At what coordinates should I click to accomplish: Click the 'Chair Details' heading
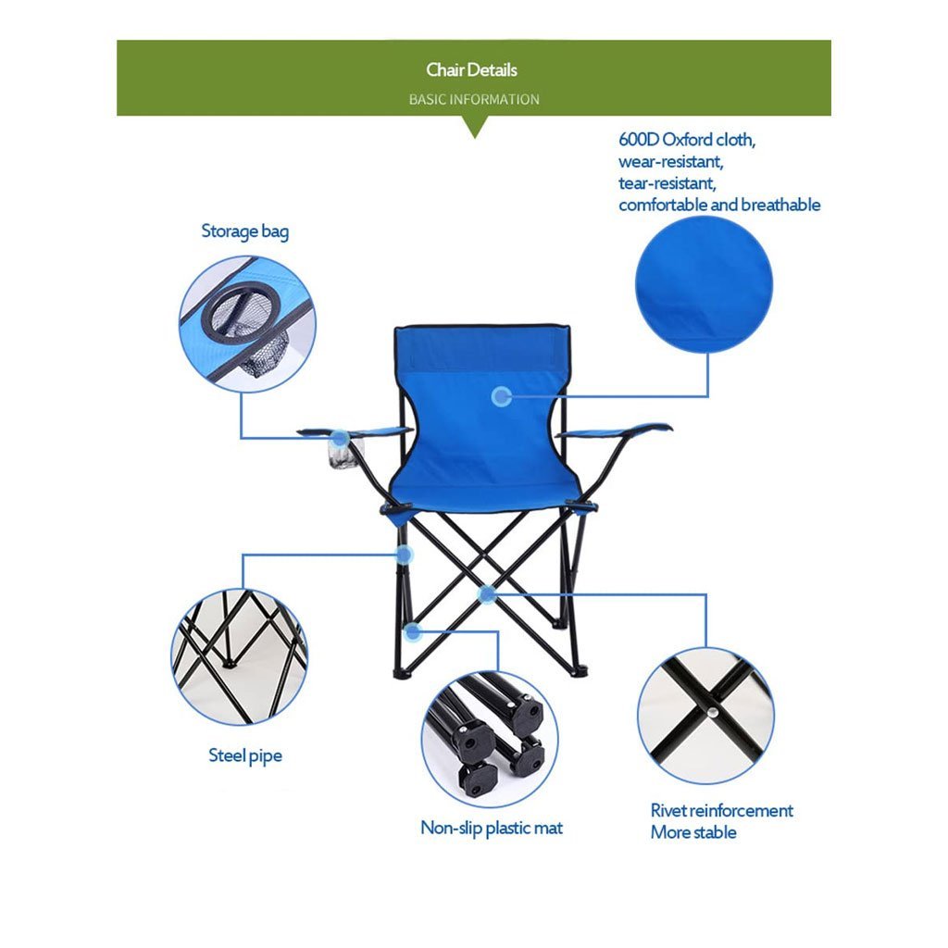472,70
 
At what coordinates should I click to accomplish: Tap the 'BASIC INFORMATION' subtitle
474,99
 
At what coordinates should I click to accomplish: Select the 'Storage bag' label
245,231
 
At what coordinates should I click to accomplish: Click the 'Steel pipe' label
245,755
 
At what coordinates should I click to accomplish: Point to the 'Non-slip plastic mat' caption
492,828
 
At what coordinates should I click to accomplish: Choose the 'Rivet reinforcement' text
722,811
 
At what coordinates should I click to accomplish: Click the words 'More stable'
693,832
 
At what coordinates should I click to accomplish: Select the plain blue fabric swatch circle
704,284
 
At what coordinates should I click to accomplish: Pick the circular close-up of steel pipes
240,656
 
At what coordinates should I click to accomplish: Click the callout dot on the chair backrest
502,397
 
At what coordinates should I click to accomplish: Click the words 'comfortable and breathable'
719,205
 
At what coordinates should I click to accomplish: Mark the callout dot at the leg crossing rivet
486,593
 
